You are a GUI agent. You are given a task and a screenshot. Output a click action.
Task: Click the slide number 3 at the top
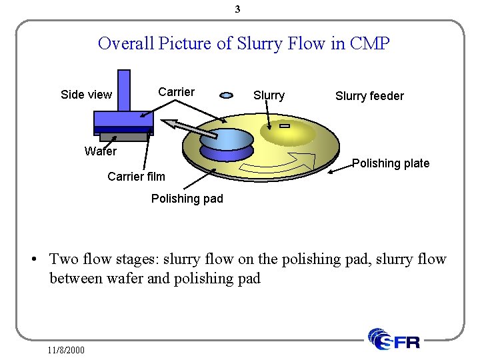(237, 9)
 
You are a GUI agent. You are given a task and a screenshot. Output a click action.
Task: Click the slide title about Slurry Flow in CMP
(243, 44)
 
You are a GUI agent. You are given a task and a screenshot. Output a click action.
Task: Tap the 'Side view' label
(86, 95)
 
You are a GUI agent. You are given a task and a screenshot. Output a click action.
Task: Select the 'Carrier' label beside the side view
(176, 92)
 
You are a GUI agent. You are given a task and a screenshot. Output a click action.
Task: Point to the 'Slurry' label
(269, 95)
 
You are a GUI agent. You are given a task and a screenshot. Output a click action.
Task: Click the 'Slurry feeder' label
(369, 96)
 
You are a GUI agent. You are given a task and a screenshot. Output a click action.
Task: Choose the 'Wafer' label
(101, 151)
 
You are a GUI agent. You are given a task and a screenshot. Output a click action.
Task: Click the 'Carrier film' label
(136, 177)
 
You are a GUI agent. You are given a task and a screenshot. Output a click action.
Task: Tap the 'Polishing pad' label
(187, 199)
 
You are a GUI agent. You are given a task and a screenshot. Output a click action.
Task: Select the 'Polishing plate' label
(391, 163)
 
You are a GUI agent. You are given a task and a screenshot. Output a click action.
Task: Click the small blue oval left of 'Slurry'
(227, 95)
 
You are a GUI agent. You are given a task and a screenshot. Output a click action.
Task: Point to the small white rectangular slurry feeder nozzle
(285, 126)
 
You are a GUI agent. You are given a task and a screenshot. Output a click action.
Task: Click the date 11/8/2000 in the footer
(66, 349)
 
